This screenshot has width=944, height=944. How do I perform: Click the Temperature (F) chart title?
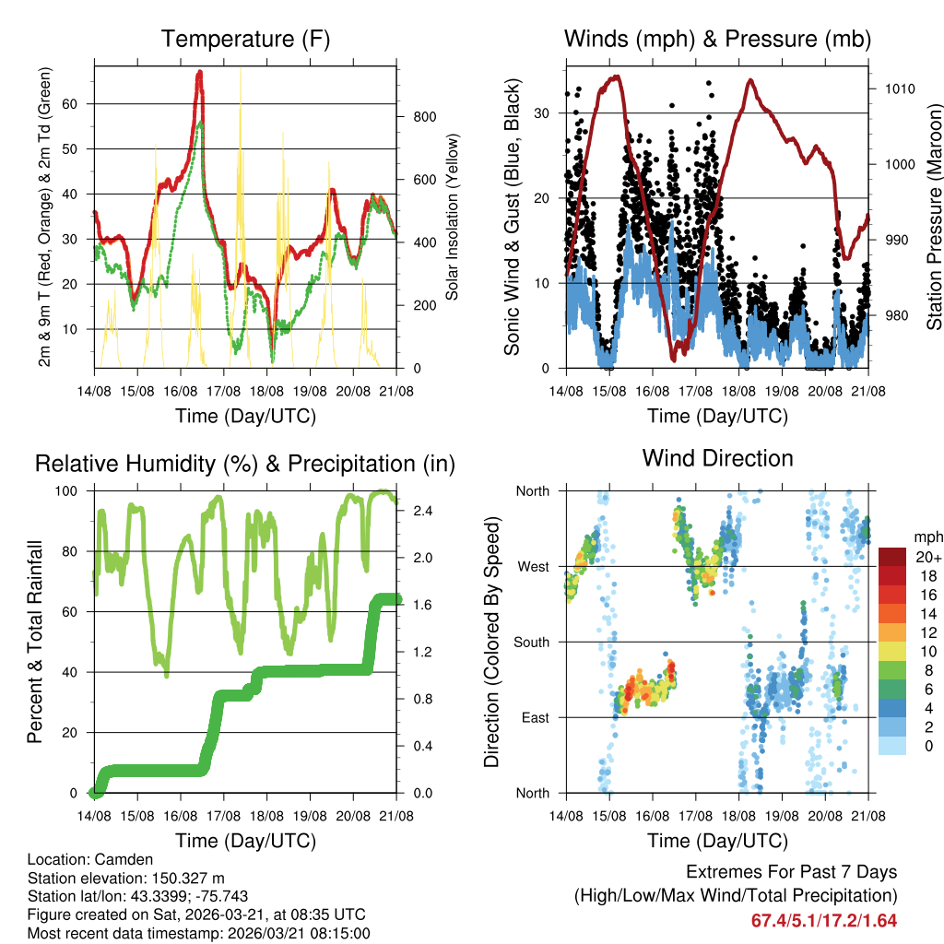pos(245,40)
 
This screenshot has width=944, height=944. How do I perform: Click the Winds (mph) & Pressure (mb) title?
pos(717,40)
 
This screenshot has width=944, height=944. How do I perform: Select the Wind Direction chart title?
pos(717,458)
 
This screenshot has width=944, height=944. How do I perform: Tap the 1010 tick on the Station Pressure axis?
pos(900,89)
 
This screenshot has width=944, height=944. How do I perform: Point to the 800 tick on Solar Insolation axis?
pos(424,117)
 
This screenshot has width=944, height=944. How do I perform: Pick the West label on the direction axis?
pos(534,566)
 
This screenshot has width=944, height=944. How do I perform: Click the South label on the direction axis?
pos(532,642)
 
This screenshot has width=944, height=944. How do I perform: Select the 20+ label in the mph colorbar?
pos(927,558)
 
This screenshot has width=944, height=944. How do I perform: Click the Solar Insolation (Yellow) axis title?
pos(453,217)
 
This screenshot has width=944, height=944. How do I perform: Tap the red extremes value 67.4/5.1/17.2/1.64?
pos(824,920)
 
